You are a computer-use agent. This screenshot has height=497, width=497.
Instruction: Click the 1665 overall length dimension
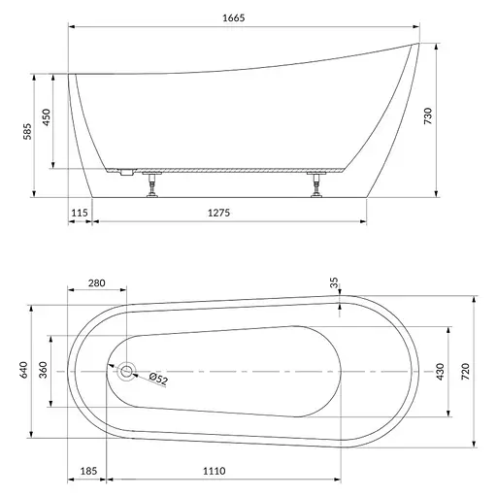[234, 17]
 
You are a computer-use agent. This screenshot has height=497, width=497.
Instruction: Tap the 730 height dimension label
[428, 116]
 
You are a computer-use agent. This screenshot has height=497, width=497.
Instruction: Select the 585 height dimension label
[28, 131]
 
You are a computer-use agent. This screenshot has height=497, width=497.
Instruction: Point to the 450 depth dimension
[47, 117]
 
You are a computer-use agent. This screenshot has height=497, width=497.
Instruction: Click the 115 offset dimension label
[80, 213]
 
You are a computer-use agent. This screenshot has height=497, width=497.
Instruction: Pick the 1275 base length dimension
[218, 213]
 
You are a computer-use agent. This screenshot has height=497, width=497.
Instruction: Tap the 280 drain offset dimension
[97, 283]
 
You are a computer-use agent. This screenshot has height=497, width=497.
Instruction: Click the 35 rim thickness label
[334, 282]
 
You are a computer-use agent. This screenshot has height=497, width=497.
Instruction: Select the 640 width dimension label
[24, 370]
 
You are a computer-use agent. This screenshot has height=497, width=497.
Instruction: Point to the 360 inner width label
[43, 370]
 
